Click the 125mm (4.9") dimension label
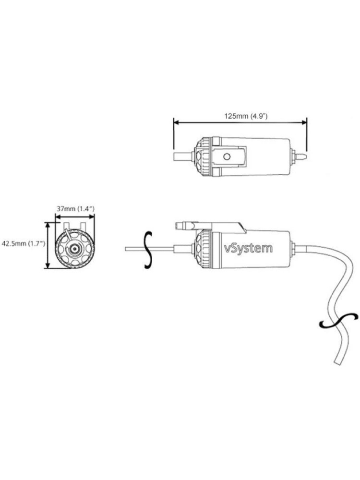245,116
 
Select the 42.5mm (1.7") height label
23,243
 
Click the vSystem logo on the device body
249,248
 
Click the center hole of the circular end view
74,249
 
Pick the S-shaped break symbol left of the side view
148,249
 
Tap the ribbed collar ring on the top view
204,157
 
